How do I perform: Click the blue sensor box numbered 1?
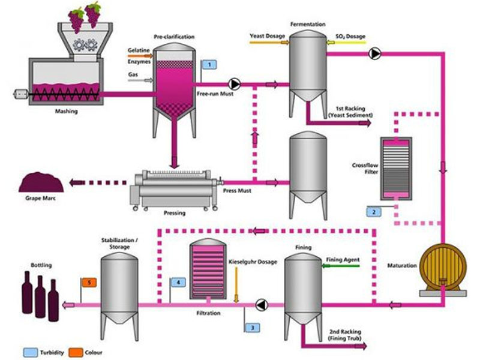[x=208, y=64]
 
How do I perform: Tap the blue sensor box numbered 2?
[x=373, y=212]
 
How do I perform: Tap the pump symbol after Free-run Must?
[x=235, y=84]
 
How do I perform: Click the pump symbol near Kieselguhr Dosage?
[x=262, y=305]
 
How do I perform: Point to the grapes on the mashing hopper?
[x=85, y=14]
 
